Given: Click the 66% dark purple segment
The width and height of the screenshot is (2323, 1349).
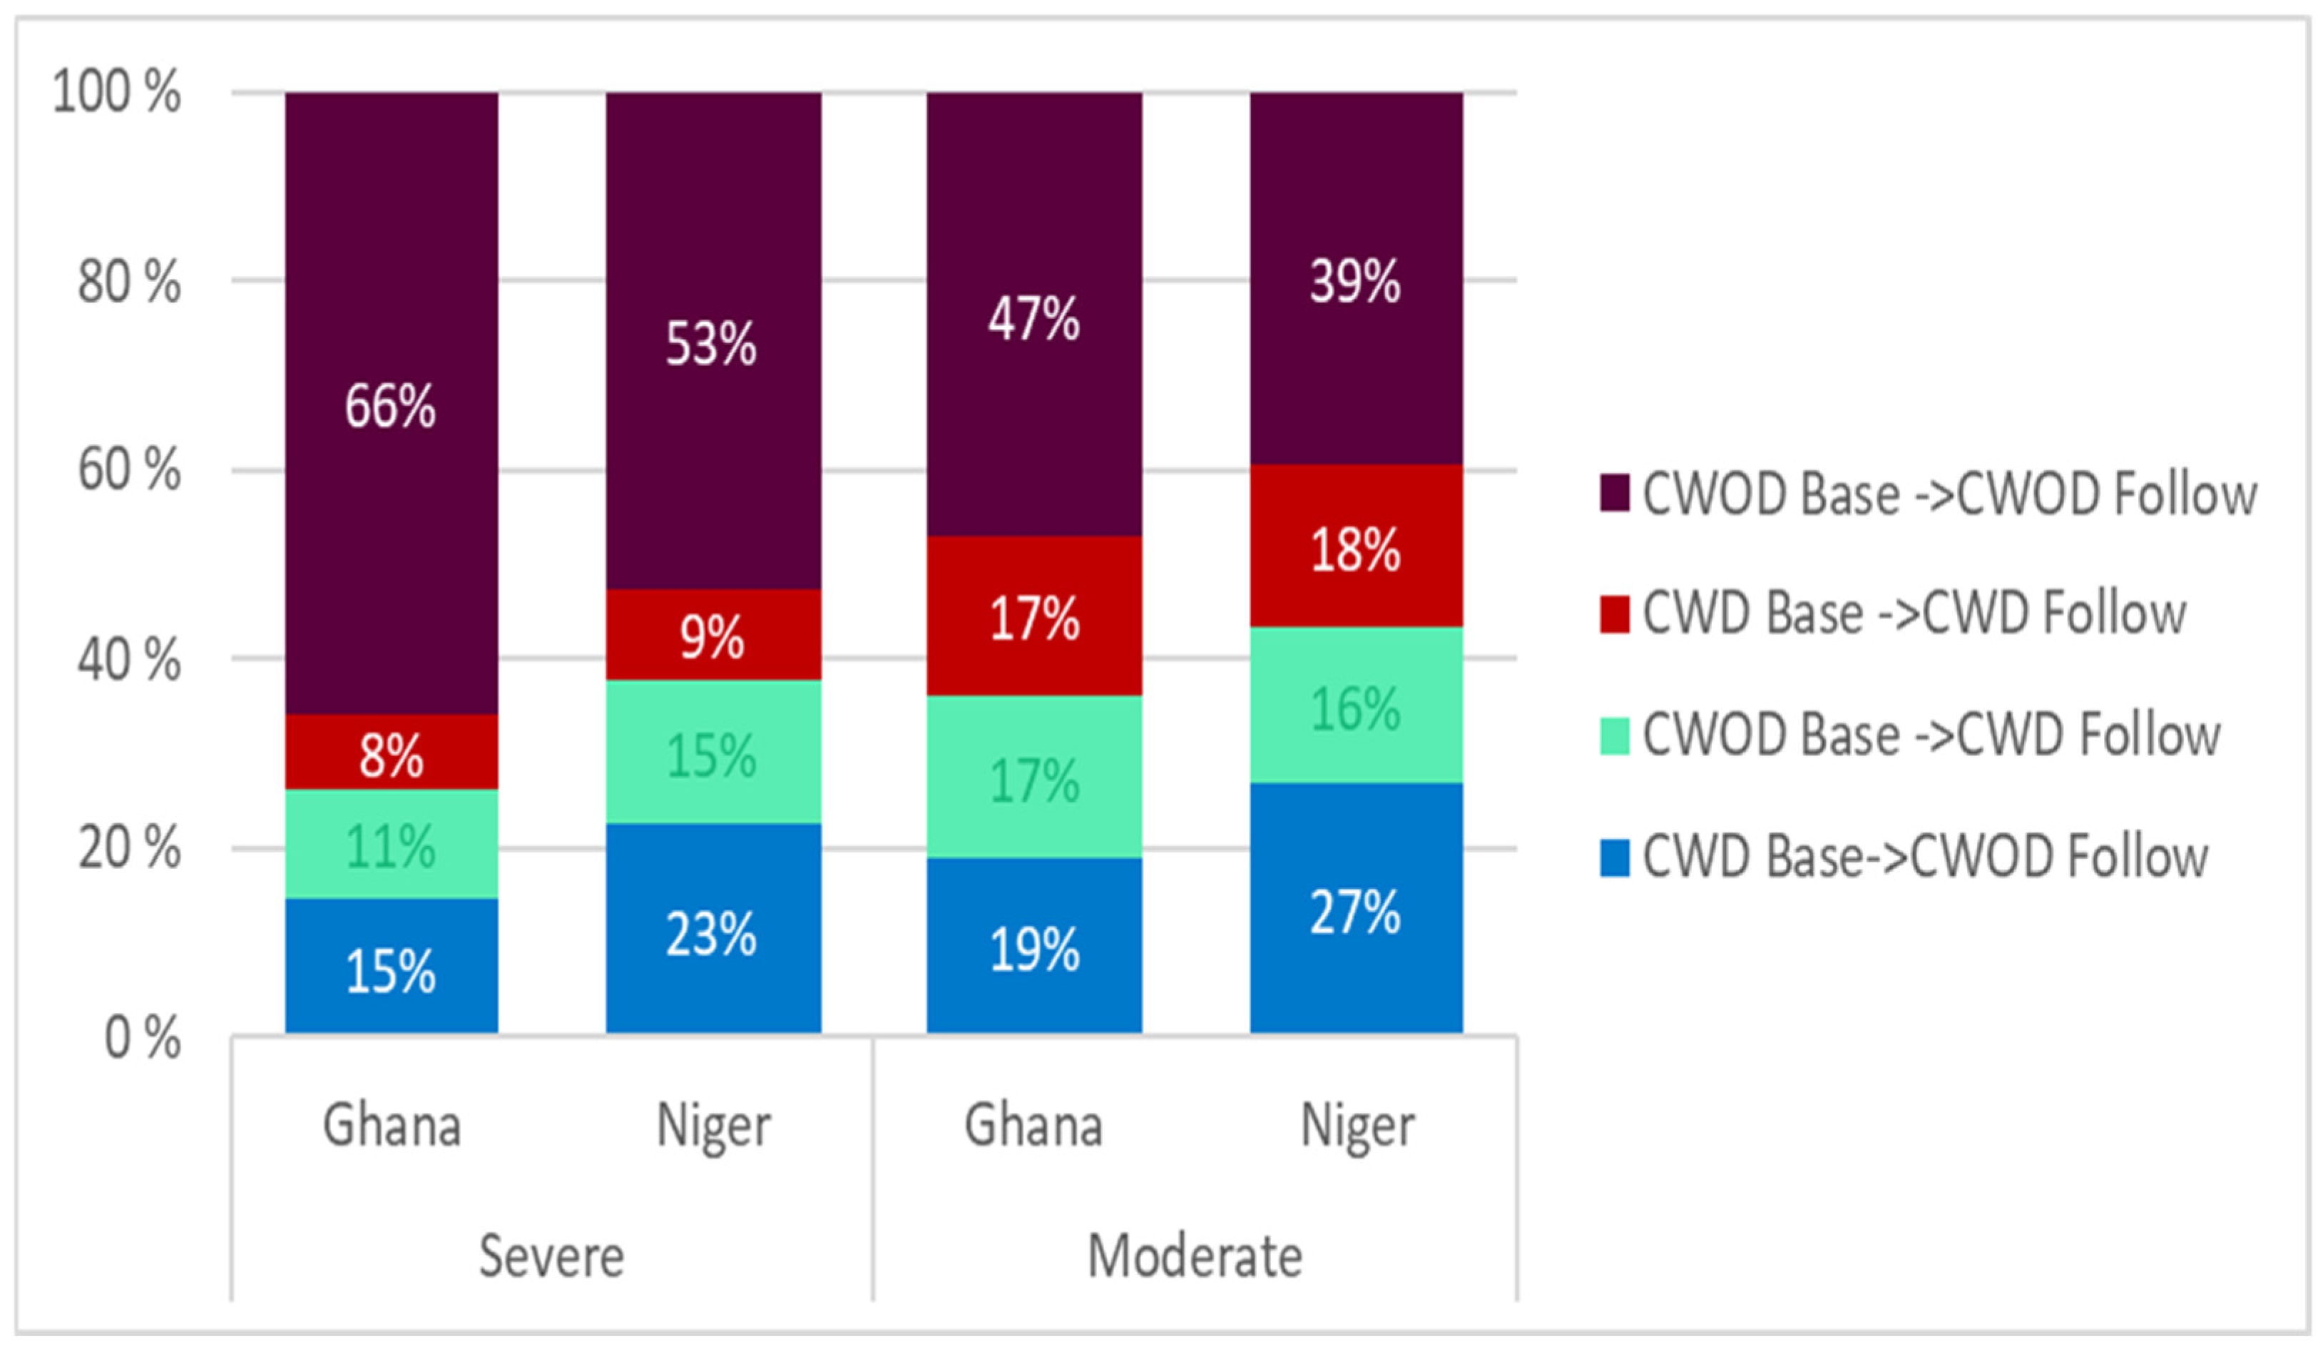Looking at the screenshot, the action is pos(392,403).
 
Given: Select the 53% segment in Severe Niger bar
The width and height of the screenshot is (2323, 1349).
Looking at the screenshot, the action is pos(713,340).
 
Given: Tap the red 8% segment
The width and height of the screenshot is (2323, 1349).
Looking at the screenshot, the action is pos(392,751).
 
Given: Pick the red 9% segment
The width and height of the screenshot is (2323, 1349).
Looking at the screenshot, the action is pos(713,636).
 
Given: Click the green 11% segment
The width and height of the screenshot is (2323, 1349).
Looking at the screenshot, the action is pos(392,844).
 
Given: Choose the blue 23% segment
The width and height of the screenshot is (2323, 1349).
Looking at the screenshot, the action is pos(713,929).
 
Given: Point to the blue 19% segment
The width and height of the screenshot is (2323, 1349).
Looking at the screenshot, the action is pos(1034,945).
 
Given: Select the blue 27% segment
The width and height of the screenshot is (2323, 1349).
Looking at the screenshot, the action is pos(1356,908).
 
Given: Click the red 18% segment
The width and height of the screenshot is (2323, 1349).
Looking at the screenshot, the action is pos(1356,546).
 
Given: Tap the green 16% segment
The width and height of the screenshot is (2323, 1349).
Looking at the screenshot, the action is pos(1356,706).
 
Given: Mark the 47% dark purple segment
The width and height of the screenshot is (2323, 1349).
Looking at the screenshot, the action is pos(1034,315).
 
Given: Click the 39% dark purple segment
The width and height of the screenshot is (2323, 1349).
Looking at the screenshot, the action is pos(1356,278).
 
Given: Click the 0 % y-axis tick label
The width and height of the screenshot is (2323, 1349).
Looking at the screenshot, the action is pos(143,1037).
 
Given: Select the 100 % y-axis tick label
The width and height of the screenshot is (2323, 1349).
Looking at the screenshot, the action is pos(117,92).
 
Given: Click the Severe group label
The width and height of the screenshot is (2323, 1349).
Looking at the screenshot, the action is pos(551,1256).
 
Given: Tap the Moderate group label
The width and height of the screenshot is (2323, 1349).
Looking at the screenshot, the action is pos(1195,1256).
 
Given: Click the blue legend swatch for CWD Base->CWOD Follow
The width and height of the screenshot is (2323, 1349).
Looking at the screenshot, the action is pos(1614,857).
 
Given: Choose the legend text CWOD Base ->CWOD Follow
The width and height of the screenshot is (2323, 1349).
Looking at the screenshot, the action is pos(1950,494).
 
